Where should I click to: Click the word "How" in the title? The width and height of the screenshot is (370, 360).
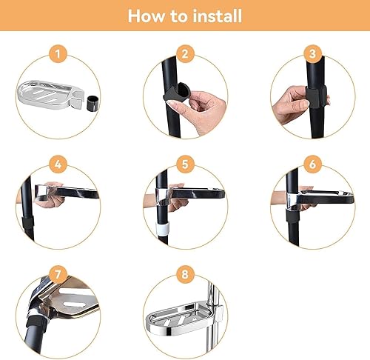(147, 16)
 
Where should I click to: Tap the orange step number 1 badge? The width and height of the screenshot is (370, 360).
(58, 54)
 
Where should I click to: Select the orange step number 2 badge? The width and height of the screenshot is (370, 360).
(185, 54)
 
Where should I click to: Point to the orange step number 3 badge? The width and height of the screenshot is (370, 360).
(312, 54)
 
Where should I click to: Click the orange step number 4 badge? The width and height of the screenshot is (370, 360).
(58, 164)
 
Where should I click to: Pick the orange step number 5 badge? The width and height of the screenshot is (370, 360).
(185, 164)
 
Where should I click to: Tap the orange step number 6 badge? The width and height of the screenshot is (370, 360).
(312, 164)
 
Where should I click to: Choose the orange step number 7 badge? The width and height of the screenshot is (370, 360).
(58, 274)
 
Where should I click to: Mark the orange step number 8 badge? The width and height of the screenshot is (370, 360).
(185, 274)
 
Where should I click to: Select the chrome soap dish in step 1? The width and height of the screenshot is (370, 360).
(50, 95)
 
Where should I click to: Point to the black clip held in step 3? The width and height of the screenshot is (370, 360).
(316, 96)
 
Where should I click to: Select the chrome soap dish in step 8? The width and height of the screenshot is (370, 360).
(184, 319)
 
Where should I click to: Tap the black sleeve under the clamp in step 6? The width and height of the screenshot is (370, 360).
(293, 216)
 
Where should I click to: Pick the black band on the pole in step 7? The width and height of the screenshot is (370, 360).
(36, 323)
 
